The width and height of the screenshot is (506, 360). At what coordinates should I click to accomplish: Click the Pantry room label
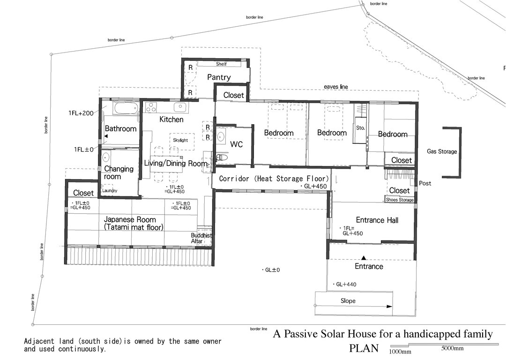[x=219, y=77]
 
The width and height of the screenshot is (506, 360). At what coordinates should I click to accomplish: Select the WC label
[x=237, y=144]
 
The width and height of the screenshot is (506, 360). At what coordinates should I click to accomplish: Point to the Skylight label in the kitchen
[x=180, y=140]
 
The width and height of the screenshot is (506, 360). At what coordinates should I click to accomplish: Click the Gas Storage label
[x=441, y=151]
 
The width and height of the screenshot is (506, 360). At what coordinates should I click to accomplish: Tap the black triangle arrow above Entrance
[x=364, y=257]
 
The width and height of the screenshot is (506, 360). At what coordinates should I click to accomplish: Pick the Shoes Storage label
[x=400, y=200]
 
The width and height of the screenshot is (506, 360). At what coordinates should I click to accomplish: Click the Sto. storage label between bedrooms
[x=360, y=127]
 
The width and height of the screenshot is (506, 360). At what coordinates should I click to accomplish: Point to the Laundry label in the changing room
[x=110, y=191]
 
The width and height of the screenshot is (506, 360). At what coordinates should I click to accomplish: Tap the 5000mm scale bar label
[x=452, y=348]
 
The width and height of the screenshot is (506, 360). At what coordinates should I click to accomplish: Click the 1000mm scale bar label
[x=400, y=352]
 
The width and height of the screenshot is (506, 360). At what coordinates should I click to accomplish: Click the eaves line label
[x=336, y=87]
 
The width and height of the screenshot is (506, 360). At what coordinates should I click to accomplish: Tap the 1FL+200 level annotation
[x=81, y=113]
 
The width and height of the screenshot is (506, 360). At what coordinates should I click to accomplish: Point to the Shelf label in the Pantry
[x=221, y=64]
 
